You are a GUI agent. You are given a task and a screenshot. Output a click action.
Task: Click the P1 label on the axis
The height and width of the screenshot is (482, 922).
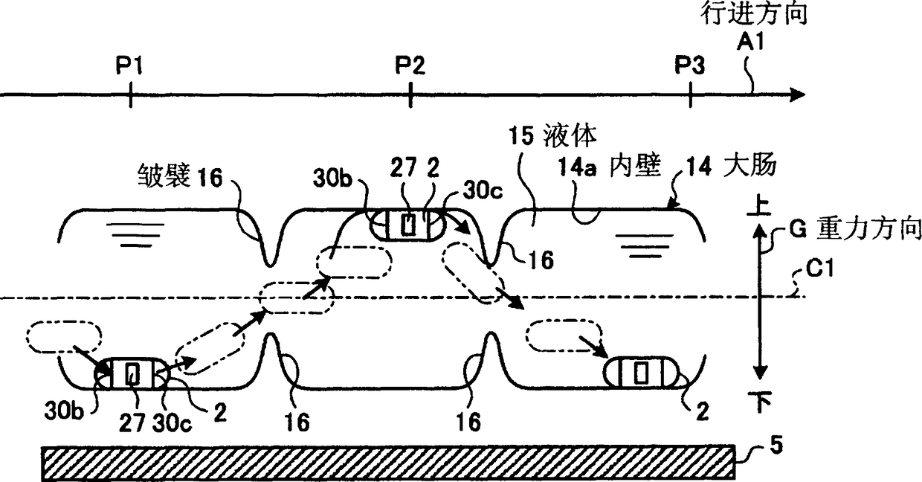pyautogui.click(x=129, y=65)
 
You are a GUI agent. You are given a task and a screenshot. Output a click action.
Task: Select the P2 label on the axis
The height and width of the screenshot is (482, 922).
pyautogui.click(x=410, y=65)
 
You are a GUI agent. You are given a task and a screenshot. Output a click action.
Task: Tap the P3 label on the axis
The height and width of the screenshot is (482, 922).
pyautogui.click(x=690, y=65)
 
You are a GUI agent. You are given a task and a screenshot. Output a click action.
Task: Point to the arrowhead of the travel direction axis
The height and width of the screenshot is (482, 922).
pyautogui.click(x=797, y=94)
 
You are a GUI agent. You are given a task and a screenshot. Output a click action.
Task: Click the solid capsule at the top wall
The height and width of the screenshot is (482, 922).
pyautogui.click(x=407, y=224)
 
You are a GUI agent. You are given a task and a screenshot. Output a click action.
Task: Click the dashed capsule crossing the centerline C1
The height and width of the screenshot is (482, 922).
pyautogui.click(x=296, y=298)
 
